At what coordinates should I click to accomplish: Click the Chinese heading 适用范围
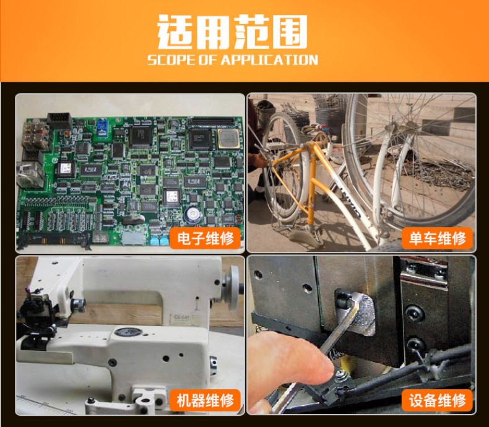(232, 32)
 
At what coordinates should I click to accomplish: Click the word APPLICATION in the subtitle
(269, 60)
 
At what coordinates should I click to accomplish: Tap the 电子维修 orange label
(206, 238)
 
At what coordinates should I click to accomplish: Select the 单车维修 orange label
(437, 238)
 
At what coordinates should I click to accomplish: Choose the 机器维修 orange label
(206, 400)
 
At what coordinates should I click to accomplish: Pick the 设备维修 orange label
(437, 400)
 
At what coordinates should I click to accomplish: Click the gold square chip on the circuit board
(228, 138)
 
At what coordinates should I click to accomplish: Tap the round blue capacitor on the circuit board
(193, 215)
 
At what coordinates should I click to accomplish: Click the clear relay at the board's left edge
(30, 175)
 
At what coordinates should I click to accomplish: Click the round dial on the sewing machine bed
(128, 332)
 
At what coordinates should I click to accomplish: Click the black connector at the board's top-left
(59, 121)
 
